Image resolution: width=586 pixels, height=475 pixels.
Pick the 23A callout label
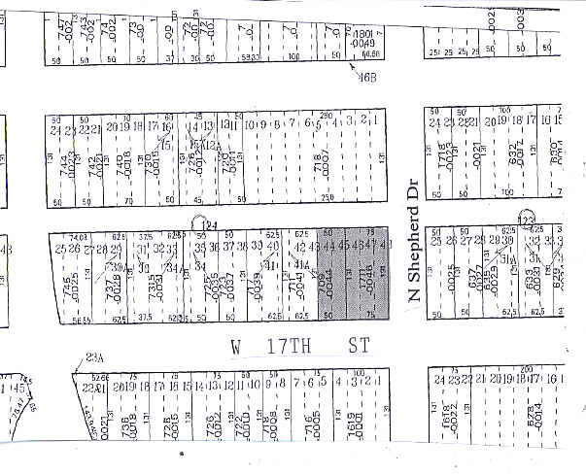pyautogui.click(x=94, y=356)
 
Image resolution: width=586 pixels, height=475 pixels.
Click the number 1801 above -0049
pyautogui.click(x=362, y=36)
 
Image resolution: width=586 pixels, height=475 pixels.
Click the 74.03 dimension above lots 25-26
pyautogui.click(x=79, y=236)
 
